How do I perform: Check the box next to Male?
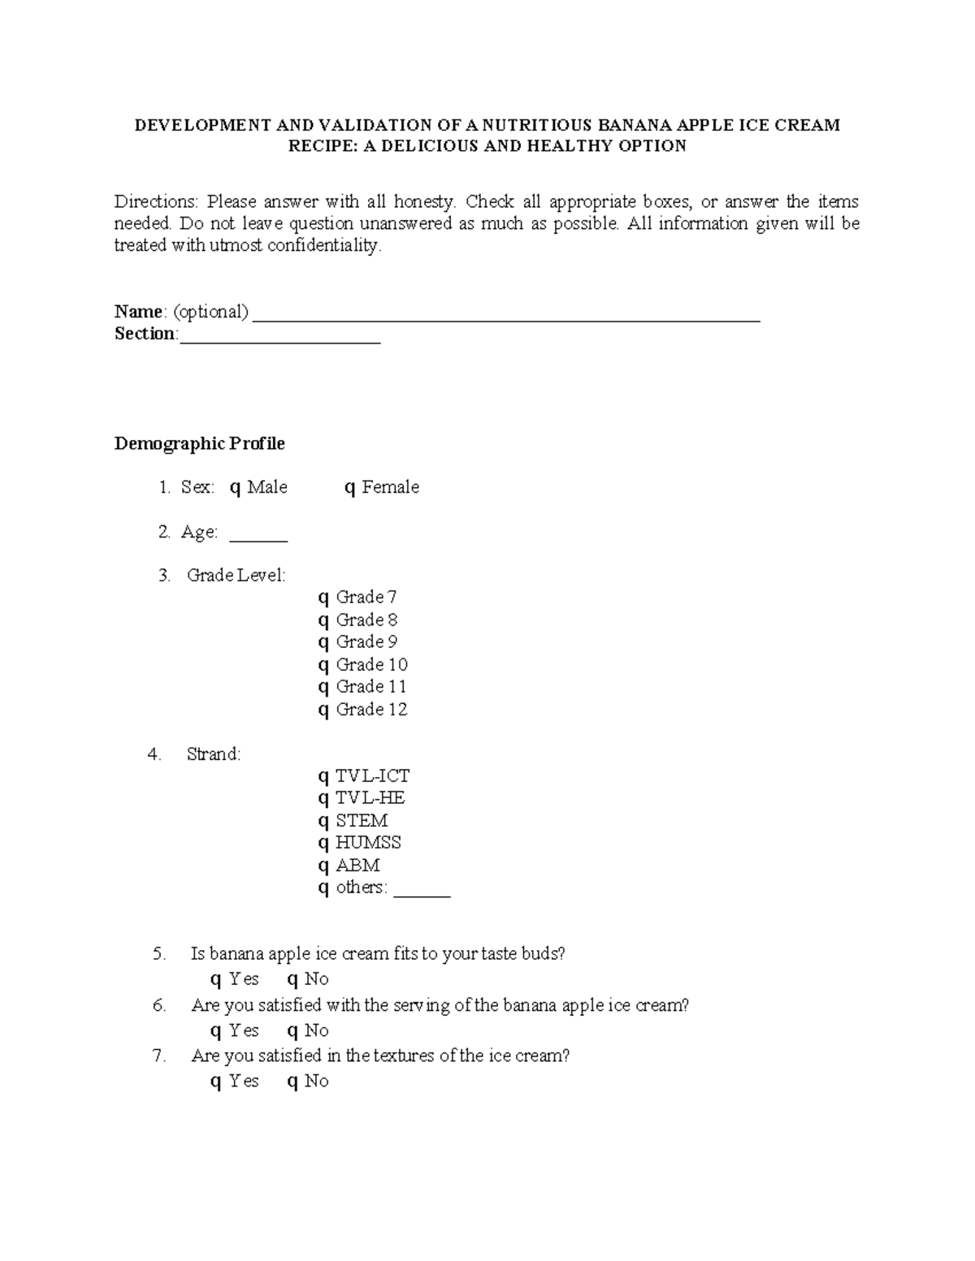(x=235, y=488)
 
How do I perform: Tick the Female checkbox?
(x=350, y=488)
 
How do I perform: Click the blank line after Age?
(x=258, y=539)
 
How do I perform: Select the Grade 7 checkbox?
(x=323, y=598)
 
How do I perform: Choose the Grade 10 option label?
(x=371, y=664)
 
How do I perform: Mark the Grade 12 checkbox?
(x=323, y=710)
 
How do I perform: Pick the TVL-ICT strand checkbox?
(x=323, y=777)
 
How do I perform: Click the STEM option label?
(x=362, y=820)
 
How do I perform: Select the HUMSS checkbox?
(x=323, y=844)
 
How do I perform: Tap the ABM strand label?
(x=357, y=865)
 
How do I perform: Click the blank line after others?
(x=422, y=895)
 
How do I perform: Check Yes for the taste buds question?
(x=215, y=980)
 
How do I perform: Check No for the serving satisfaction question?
(x=292, y=1031)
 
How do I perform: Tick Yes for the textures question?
(x=215, y=1082)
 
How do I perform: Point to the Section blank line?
(x=279, y=341)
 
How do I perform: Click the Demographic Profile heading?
(x=199, y=443)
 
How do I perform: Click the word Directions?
(x=155, y=201)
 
